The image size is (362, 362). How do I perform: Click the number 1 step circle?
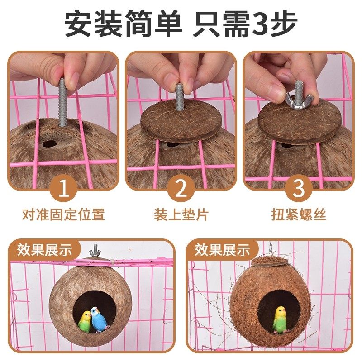click(63, 189)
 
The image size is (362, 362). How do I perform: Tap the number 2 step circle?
click(181, 189)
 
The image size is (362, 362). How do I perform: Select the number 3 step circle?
click(298, 189)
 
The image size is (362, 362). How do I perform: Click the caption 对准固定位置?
click(63, 214)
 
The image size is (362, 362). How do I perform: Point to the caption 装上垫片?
click(181, 214)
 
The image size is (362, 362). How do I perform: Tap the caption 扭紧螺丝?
click(298, 214)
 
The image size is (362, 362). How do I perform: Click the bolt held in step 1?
click(63, 102)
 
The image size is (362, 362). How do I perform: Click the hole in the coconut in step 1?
click(48, 144)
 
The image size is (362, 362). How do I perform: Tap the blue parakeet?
click(98, 319)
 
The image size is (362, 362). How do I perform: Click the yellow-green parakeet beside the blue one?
click(85, 321)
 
